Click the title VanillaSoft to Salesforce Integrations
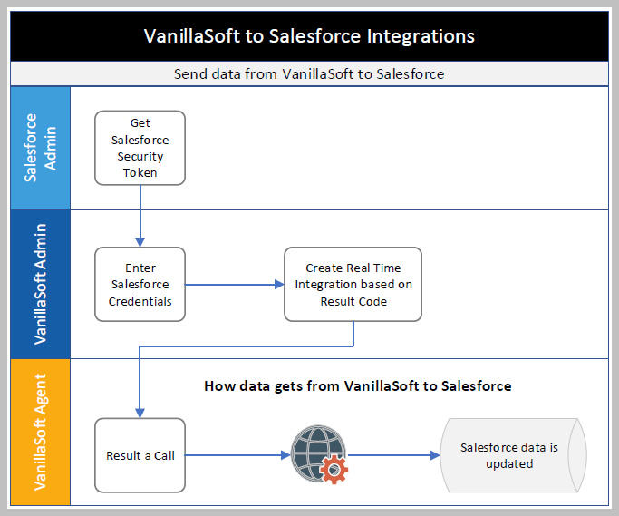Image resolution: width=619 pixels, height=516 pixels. pos(309,36)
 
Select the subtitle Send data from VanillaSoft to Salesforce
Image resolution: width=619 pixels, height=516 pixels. pos(309,73)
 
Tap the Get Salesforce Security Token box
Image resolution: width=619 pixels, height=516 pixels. pos(140,148)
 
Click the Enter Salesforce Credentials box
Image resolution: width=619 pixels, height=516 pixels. pos(140,284)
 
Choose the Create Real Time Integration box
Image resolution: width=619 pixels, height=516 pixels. pos(353,284)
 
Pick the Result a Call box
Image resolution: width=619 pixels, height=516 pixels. pos(140,455)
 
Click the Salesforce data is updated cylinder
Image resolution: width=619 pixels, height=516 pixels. pos(509,455)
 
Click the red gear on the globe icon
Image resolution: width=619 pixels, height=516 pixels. pos(334,469)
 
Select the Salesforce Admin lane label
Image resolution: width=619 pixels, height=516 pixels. pos(39,148)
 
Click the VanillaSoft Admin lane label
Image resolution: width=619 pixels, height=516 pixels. pos(39,284)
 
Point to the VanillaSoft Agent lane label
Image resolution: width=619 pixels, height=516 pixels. pos(39,432)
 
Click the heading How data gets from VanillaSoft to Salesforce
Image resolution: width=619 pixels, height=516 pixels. pos(357,386)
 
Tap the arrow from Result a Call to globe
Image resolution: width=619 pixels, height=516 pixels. pos(237,455)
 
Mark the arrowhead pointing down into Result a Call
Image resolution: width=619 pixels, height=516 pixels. pos(139,412)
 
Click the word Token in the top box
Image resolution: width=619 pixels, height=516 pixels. pos(140,172)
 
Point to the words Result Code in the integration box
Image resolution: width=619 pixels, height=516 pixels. pos(353,301)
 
